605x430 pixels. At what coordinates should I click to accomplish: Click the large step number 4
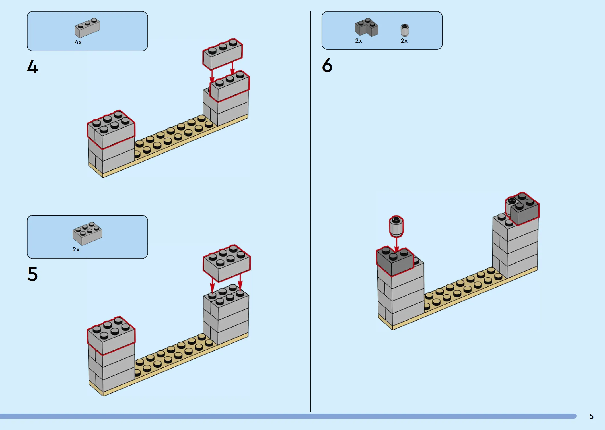(33, 67)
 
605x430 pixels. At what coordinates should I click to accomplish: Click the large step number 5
(32, 274)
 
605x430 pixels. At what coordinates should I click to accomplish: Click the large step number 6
(327, 65)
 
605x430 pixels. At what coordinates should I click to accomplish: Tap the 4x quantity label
(78, 42)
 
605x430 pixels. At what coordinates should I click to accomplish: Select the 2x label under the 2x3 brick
(76, 249)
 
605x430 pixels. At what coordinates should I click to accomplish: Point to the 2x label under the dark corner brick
(359, 41)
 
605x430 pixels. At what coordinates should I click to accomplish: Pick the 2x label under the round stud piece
(404, 41)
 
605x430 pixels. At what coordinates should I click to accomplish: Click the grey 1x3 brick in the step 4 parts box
(87, 28)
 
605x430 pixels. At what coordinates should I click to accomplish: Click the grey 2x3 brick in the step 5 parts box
(87, 233)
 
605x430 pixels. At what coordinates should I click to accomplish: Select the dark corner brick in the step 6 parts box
(367, 28)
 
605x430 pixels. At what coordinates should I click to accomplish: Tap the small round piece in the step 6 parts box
(405, 30)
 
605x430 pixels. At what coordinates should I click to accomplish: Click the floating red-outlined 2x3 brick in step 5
(227, 263)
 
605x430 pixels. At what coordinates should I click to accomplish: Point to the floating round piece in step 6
(396, 226)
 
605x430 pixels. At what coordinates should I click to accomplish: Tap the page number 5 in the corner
(591, 416)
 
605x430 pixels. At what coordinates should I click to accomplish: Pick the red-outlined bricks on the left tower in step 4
(111, 129)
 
